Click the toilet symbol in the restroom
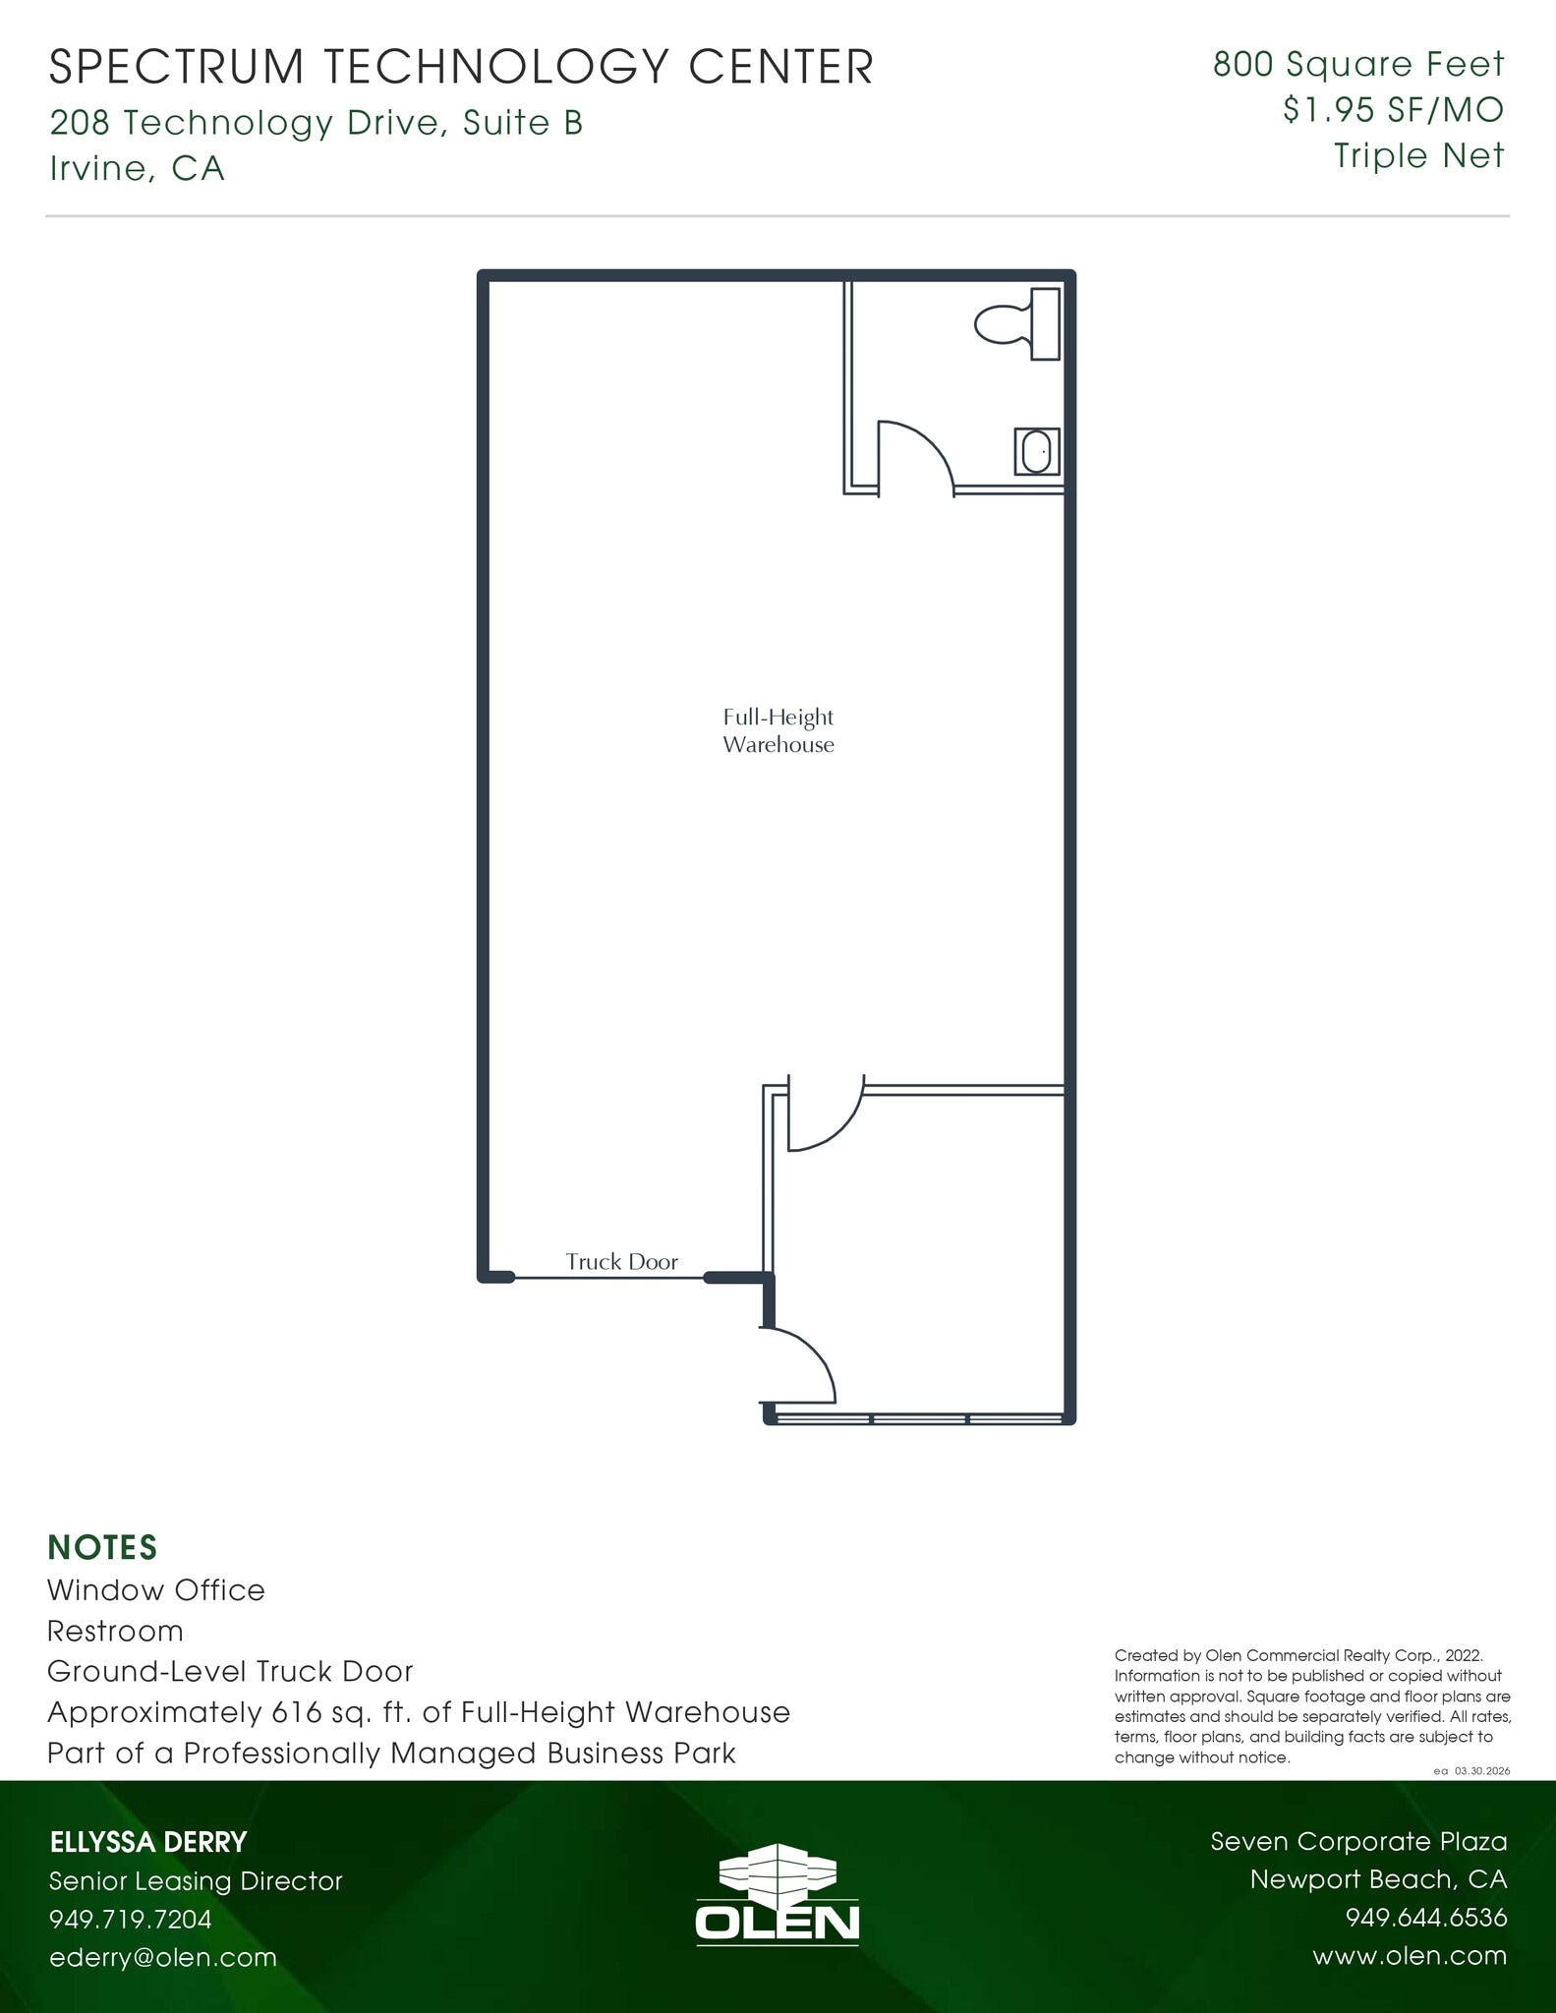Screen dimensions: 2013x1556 pyautogui.click(x=1016, y=323)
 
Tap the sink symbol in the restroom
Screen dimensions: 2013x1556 pyautogui.click(x=1037, y=452)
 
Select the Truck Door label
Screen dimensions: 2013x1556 pyautogui.click(x=621, y=1262)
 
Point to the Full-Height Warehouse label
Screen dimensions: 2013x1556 pyautogui.click(x=778, y=731)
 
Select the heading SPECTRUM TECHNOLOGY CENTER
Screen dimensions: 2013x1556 pyautogui.click(x=461, y=68)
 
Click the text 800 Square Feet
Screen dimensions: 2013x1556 pyautogui.click(x=1358, y=65)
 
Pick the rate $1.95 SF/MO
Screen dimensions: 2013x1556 pyautogui.click(x=1393, y=110)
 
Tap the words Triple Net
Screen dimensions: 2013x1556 pyautogui.click(x=1418, y=155)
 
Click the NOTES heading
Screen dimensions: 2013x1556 pyautogui.click(x=102, y=1547)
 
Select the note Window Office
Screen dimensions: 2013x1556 pyautogui.click(x=156, y=1590)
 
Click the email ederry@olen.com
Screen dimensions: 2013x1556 pyautogui.click(x=163, y=1957)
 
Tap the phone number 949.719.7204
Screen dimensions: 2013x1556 pyautogui.click(x=131, y=1919)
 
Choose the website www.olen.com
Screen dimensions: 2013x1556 pyautogui.click(x=1410, y=1956)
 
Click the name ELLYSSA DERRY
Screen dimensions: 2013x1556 pyautogui.click(x=148, y=1842)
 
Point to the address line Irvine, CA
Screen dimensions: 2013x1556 pyautogui.click(x=138, y=169)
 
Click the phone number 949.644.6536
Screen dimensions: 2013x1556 pyautogui.click(x=1425, y=1918)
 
